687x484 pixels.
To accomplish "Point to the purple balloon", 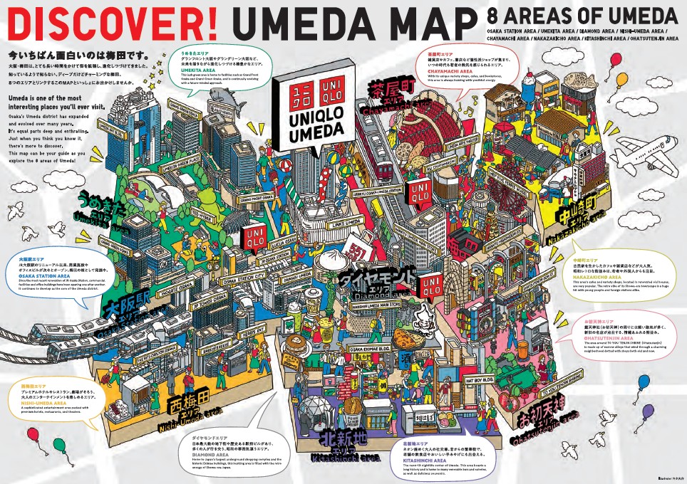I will point(648,411).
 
